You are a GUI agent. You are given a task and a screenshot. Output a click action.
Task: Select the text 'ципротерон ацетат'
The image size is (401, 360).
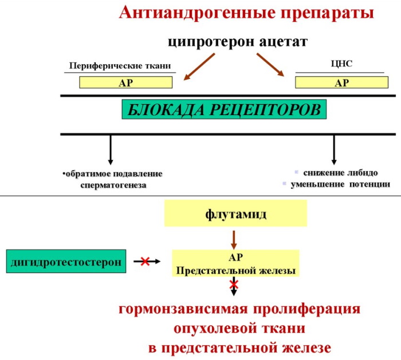[x=238, y=42]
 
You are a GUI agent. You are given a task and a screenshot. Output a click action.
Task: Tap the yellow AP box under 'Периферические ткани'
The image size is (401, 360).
[x=125, y=82]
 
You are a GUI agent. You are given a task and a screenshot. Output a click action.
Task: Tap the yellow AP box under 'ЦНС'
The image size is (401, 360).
[x=341, y=82]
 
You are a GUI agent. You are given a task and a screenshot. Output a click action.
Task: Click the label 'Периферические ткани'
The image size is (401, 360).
[x=120, y=66]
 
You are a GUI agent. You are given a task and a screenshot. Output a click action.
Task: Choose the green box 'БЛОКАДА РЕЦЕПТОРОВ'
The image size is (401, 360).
[x=224, y=109]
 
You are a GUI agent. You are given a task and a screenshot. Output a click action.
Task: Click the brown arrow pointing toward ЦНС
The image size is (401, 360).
[x=271, y=66]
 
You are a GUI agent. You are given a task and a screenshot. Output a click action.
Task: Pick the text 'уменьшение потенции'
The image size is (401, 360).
[x=340, y=184]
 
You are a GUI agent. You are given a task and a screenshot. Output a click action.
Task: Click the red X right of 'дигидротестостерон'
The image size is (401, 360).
[x=145, y=262]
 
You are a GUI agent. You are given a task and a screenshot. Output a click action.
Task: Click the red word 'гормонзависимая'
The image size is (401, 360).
[x=174, y=310]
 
